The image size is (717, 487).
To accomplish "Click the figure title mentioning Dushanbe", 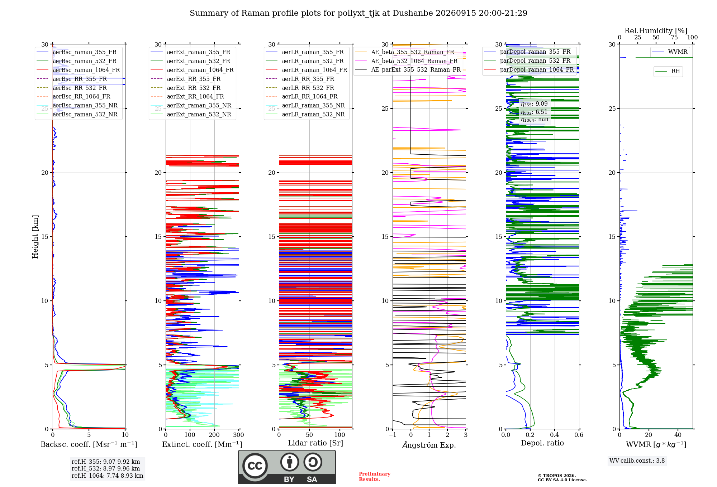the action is click(x=358, y=13).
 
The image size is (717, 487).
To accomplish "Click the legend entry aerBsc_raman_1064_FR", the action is click(x=86, y=70).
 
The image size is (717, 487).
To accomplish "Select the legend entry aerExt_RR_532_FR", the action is click(x=194, y=88).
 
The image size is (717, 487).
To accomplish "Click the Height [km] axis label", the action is click(x=35, y=237).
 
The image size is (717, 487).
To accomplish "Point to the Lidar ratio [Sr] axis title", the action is click(x=315, y=443).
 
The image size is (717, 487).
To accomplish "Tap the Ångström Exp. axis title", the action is click(x=429, y=444).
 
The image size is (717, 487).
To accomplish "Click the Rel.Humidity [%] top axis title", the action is click(x=656, y=31).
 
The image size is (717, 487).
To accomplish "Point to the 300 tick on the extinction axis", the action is click(x=239, y=435).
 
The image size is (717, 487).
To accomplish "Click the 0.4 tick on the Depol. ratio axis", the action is click(x=555, y=435).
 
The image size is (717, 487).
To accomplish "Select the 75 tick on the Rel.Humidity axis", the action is click(x=674, y=37).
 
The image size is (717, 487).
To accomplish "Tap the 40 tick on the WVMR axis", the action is click(x=678, y=435).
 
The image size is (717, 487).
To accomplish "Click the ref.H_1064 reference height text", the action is click(x=107, y=476).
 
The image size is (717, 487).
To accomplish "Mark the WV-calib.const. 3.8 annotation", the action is click(x=637, y=461).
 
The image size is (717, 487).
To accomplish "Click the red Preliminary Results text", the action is click(x=375, y=477).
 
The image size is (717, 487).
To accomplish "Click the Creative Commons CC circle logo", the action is click(x=255, y=466).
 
